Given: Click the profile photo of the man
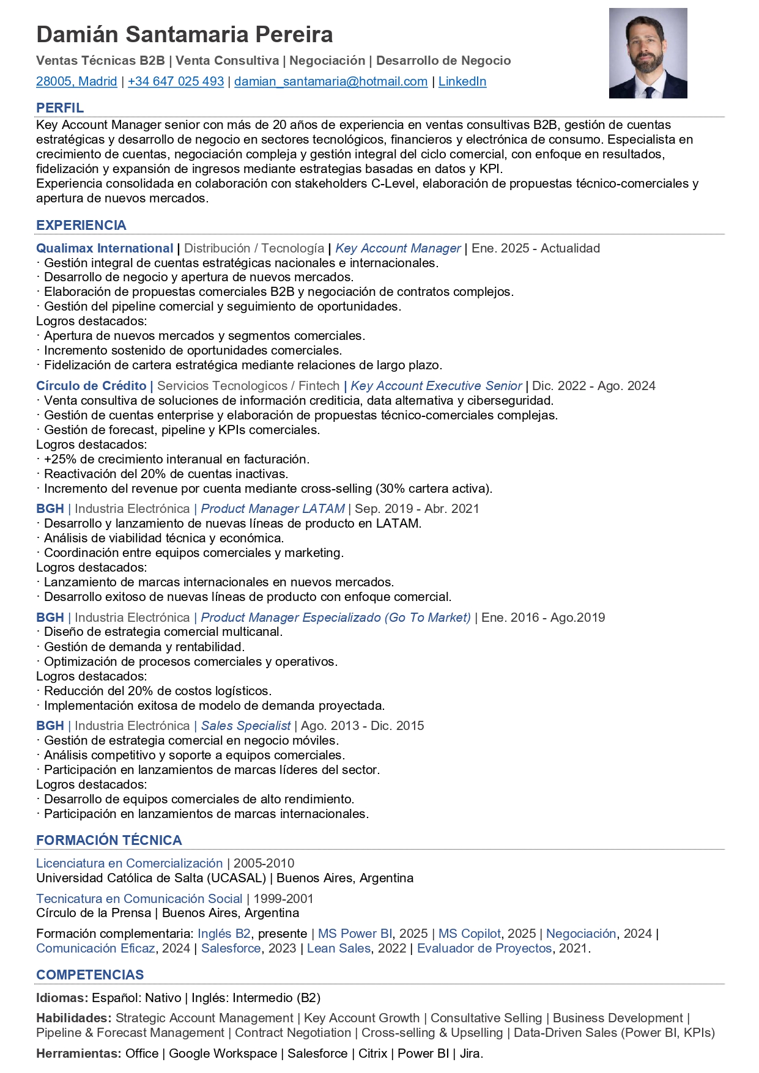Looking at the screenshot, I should [x=648, y=53].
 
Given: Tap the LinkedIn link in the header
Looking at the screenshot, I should [x=462, y=81].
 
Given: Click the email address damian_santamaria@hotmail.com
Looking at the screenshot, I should [x=331, y=81].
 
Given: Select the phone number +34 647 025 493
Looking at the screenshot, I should [x=176, y=81].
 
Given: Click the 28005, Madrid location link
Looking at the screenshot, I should [x=76, y=81].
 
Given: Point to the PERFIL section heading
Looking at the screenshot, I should [x=60, y=108].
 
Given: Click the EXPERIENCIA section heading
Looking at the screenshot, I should [x=81, y=225].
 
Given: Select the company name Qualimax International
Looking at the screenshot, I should [x=105, y=248].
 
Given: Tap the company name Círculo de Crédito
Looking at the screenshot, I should [x=91, y=386].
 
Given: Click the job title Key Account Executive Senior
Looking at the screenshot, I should [x=436, y=386].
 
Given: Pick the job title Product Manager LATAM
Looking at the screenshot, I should [x=273, y=509].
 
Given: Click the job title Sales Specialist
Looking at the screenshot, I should [x=246, y=726].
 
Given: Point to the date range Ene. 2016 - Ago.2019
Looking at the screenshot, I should [x=543, y=618].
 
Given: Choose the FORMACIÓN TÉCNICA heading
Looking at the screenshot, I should [x=109, y=840].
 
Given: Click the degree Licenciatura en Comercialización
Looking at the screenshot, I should [x=129, y=863].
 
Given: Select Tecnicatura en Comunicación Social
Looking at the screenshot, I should [x=139, y=899].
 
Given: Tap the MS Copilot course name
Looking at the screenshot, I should [x=469, y=934].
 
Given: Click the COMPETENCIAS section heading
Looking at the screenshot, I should [x=90, y=975].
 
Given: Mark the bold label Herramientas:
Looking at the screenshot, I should [x=78, y=1053].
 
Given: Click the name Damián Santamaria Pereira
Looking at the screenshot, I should [x=185, y=35].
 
